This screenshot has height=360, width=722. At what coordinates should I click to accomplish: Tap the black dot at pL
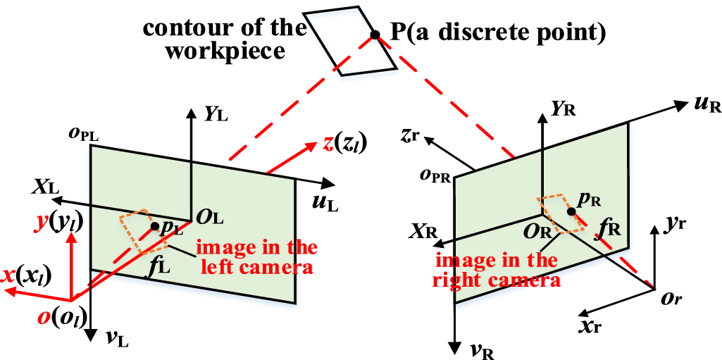click(154, 226)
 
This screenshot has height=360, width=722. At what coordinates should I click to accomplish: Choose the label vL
click(116, 337)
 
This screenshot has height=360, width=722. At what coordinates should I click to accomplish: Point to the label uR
click(705, 106)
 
